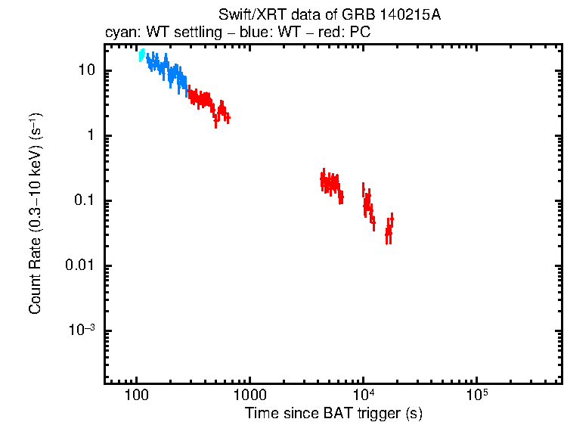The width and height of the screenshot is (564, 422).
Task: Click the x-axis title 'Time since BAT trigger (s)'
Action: coord(333,413)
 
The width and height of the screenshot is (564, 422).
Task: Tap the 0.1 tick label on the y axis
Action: coord(83,201)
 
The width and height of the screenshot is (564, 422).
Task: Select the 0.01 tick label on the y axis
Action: coord(80,266)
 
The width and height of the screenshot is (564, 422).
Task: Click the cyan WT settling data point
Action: coord(141,55)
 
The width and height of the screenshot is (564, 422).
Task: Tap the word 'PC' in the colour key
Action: coord(359,33)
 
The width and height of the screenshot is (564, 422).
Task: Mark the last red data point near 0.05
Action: coord(392,220)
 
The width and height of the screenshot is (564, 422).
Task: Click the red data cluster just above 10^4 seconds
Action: coord(368,203)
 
